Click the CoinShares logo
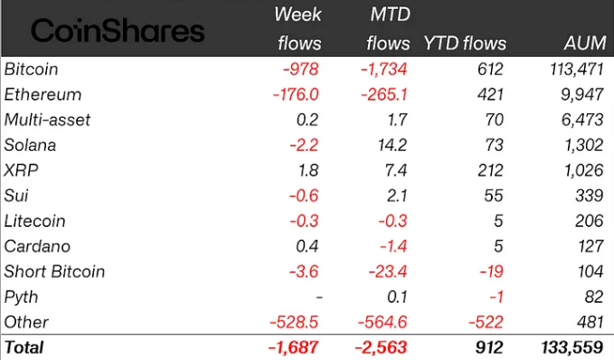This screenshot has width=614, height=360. coord(118,31)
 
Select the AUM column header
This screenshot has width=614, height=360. coord(585,43)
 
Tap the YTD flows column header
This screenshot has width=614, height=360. coord(465,43)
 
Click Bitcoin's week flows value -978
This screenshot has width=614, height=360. coord(301,70)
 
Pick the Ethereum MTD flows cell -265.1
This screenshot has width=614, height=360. coord(383,94)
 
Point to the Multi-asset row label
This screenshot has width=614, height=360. coord(47,120)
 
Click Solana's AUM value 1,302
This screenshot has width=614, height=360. coord(583,146)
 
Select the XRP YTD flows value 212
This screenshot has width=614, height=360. coord(490,170)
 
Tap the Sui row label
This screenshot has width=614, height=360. coord(16,195)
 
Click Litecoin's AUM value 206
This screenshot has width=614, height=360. coord(590,221)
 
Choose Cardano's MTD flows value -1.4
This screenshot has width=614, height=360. coord(393,246)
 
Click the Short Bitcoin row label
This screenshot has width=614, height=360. coord(54,271)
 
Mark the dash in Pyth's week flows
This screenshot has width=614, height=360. coord(319,298)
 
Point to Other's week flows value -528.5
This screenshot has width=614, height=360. coord(294,322)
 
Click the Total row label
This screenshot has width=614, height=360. coord(24,347)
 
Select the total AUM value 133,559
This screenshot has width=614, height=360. coord(572,347)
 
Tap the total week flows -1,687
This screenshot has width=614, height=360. coord(293,347)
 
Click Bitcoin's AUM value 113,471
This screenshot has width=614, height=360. coord(576,70)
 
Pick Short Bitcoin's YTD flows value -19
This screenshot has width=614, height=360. coord(491,271)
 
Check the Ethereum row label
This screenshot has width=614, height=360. coord(43,94)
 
